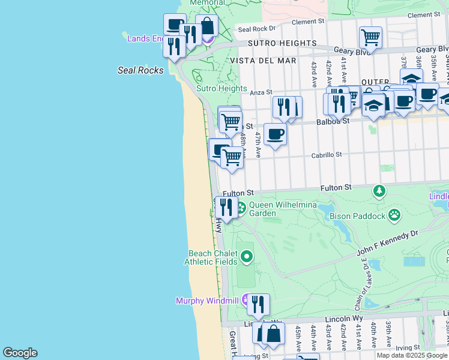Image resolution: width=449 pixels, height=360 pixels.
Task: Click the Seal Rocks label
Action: point(140,70)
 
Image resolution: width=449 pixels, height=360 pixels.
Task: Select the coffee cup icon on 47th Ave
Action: point(275,134)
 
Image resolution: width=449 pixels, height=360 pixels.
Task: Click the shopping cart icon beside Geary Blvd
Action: point(370,37)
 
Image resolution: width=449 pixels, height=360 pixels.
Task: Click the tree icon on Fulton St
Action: point(379,191)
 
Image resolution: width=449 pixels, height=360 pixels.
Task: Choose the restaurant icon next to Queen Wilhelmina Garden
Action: point(226,207)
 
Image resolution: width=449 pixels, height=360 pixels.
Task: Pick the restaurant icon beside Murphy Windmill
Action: point(258,304)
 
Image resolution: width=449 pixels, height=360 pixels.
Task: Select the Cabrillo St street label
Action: point(326,155)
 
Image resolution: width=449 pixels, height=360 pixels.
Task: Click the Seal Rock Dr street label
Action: point(256,28)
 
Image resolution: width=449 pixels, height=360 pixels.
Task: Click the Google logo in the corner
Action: point(20,353)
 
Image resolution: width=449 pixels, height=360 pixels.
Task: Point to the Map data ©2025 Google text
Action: point(412,355)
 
